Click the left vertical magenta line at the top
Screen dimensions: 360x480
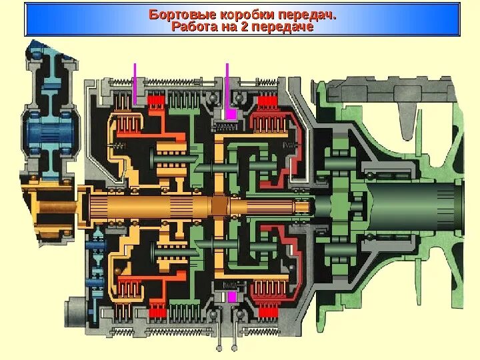point(135,83)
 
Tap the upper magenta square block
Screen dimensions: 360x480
point(231,114)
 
